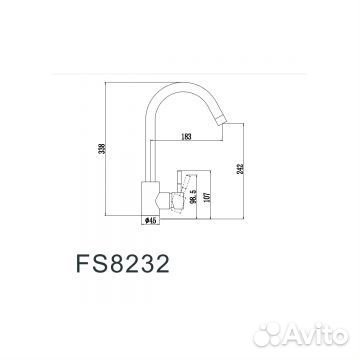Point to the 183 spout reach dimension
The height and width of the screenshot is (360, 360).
tap(188, 137)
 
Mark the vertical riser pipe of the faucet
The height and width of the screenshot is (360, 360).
tap(152, 130)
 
